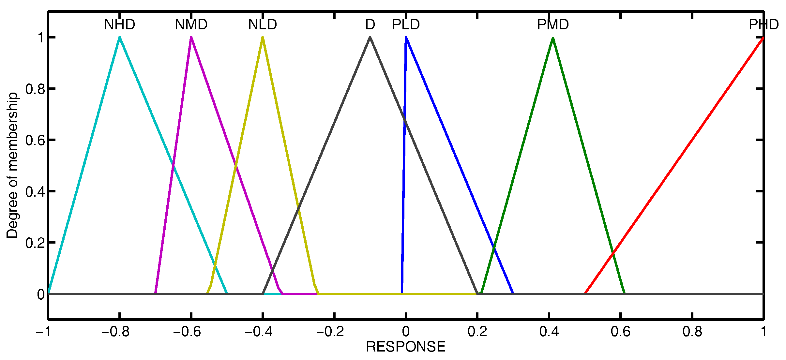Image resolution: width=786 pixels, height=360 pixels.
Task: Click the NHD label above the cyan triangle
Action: tap(119, 25)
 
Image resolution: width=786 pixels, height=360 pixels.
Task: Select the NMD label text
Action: tap(191, 25)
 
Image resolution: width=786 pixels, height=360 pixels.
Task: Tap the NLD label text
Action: tap(263, 25)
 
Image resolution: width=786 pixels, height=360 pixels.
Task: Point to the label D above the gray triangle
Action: tap(370, 25)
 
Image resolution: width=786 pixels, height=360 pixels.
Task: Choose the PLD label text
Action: tap(406, 25)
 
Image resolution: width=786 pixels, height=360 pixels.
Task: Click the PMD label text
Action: tap(553, 25)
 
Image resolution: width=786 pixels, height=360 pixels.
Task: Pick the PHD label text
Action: tap(763, 25)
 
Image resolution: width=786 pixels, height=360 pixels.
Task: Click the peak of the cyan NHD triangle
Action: tap(120, 37)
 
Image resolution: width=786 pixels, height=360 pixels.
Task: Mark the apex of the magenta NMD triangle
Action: tap(191, 37)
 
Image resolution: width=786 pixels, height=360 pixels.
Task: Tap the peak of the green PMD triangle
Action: tap(553, 38)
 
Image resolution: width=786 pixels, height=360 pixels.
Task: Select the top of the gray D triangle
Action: tap(370, 37)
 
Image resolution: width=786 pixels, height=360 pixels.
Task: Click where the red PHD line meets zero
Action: tap(585, 293)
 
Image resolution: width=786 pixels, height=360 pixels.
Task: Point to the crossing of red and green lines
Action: tap(613, 252)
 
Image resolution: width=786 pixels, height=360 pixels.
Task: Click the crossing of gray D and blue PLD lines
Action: tap(405, 119)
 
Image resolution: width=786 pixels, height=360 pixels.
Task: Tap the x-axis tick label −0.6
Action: tap(187, 332)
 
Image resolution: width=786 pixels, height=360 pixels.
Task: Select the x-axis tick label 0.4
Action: tap(549, 332)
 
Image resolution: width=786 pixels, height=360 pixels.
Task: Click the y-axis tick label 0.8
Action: tap(35, 89)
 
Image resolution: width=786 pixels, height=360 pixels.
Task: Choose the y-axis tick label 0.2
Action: tap(35, 243)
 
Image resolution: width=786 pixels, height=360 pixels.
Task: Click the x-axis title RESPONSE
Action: tap(405, 347)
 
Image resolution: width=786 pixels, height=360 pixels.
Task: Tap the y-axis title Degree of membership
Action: tap(12, 165)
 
